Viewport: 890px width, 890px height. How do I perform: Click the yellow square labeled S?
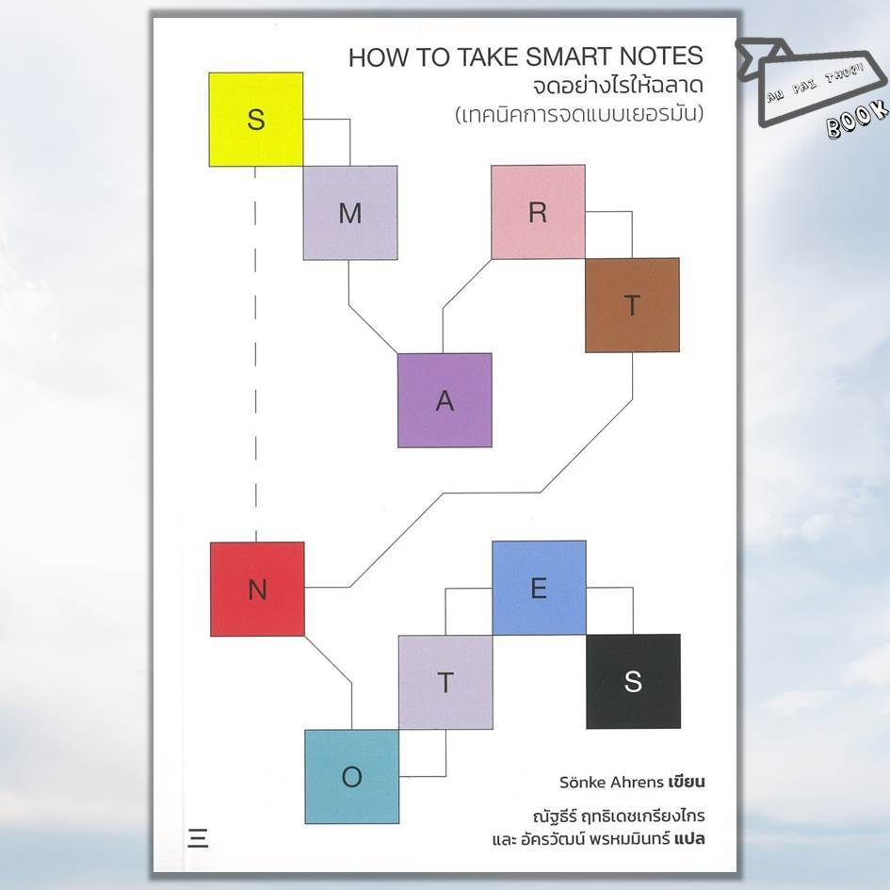[x=255, y=120]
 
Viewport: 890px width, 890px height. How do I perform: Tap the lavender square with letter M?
[x=349, y=213]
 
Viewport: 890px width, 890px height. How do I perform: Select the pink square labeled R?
[x=538, y=212]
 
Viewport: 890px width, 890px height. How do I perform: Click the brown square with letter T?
[x=632, y=305]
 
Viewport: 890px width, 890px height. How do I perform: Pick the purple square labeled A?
[x=445, y=400]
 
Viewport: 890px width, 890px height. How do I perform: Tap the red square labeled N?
[x=257, y=589]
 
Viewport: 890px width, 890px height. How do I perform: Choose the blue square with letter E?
[x=539, y=588]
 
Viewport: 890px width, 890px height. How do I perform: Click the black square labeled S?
[x=633, y=681]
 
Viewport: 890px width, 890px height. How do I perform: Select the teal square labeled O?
[x=351, y=776]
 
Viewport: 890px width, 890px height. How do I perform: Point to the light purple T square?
[x=445, y=682]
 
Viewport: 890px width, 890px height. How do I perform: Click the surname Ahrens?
[x=637, y=781]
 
